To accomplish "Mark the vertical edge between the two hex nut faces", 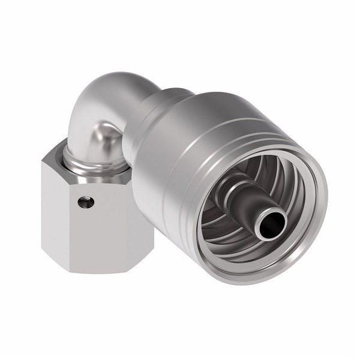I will point(64,222).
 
